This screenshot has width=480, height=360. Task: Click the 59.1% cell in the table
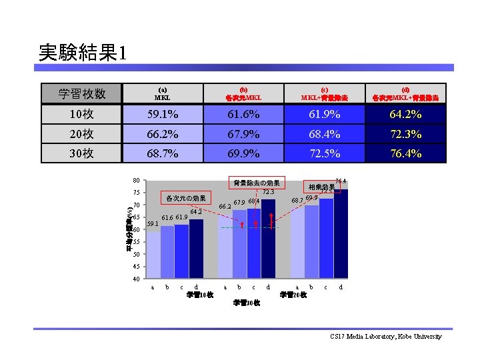(163, 115)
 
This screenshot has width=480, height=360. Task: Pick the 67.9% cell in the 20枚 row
(243, 134)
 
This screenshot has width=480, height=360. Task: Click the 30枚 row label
(81, 153)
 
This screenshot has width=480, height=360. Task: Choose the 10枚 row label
(81, 115)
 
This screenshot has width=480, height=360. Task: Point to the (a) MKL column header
(163, 93)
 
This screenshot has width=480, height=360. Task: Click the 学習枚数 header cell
(81, 93)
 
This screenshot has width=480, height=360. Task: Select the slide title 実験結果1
(82, 53)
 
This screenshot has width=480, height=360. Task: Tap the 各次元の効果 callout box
(185, 198)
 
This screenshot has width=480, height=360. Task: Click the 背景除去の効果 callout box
(256, 183)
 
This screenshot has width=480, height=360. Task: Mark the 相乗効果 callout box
(321, 187)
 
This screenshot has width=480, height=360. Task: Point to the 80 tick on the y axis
(135, 180)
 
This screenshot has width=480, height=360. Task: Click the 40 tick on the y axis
(135, 279)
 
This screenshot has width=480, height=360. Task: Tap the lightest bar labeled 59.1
(153, 255)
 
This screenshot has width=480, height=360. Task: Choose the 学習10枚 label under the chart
(199, 295)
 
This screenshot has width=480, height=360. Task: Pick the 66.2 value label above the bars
(225, 207)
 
